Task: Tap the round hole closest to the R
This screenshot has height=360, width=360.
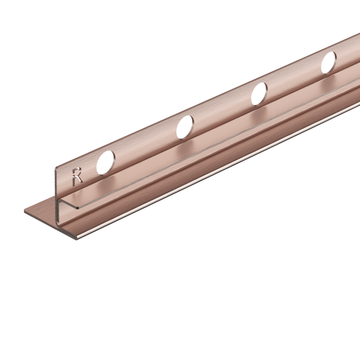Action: (105, 162)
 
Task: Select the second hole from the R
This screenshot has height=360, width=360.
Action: (185, 127)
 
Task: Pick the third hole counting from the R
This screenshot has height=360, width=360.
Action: (259, 94)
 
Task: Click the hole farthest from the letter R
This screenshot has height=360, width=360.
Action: (328, 63)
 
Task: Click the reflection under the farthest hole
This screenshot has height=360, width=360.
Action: (332, 78)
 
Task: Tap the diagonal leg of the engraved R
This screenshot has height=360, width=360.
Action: (80, 181)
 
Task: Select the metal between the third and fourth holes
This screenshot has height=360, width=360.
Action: (294, 78)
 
